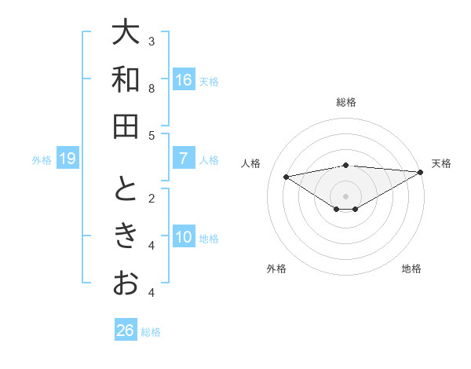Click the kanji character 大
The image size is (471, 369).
click(126, 35)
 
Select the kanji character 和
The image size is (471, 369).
click(126, 80)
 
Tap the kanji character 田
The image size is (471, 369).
click(126, 126)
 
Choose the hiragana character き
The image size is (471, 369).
click(126, 236)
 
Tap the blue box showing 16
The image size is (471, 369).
click(184, 80)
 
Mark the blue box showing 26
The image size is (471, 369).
click(126, 331)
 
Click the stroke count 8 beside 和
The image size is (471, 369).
click(152, 88)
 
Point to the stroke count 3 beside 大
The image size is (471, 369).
click(152, 41)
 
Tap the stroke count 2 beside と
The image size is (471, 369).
click(152, 198)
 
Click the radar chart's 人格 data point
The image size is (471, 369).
click(286, 176)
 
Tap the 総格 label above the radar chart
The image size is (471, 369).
click(346, 102)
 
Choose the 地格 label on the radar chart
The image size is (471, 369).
click(411, 269)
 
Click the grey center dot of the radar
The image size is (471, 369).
click(346, 195)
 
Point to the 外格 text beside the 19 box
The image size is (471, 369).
click(42, 160)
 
